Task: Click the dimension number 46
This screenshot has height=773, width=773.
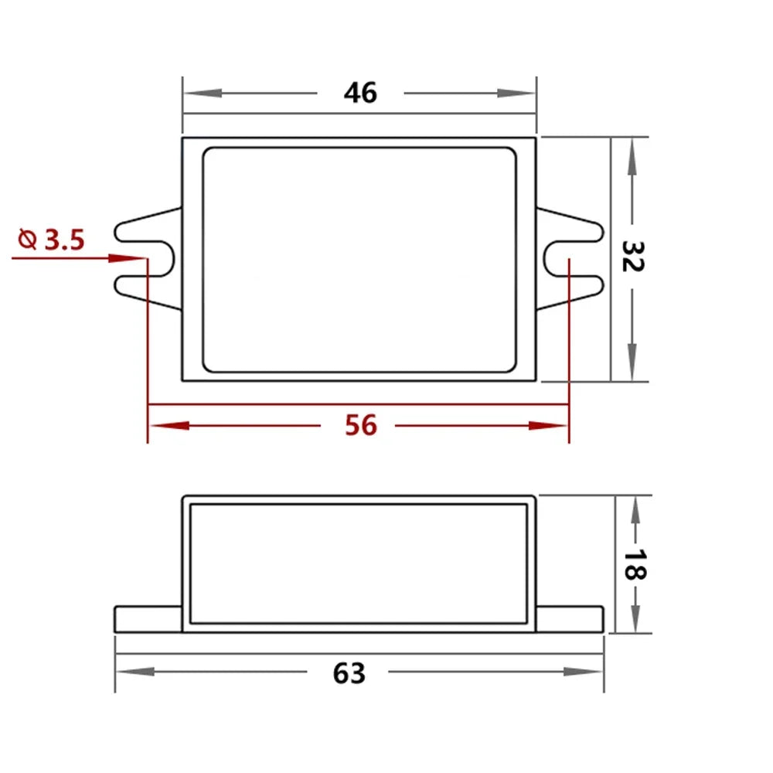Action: coord(360,93)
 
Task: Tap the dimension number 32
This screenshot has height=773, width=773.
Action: coord(632,257)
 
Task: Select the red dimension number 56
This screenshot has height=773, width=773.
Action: coord(361,425)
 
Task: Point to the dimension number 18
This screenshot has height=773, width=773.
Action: coord(635,565)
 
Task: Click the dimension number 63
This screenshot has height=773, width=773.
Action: coord(349,673)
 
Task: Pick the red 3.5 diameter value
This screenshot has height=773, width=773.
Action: coord(65,240)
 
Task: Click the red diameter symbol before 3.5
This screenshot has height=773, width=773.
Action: coord(27,239)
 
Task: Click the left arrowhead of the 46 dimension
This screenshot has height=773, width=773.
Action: coord(203,94)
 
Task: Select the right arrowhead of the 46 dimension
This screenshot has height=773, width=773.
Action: coord(516,94)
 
